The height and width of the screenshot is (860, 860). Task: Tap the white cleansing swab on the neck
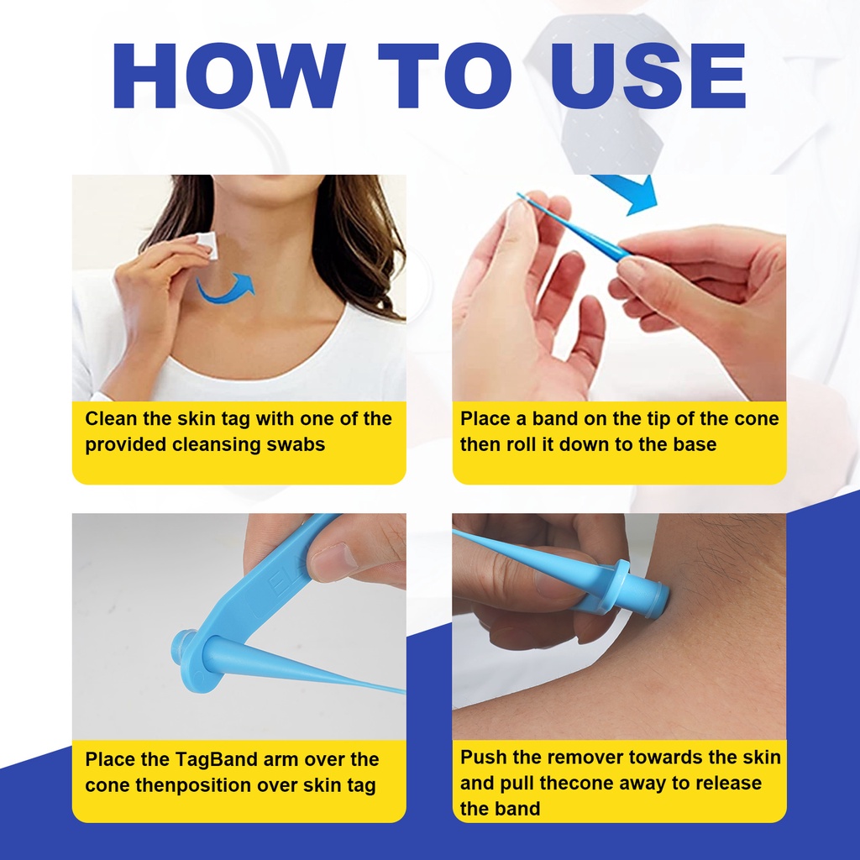(x=207, y=246)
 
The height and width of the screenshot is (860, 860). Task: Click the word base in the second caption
(x=695, y=444)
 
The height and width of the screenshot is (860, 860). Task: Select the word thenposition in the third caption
(x=192, y=785)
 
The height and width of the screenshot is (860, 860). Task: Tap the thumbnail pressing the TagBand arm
(x=333, y=562)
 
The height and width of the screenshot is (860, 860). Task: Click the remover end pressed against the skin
(x=654, y=598)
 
